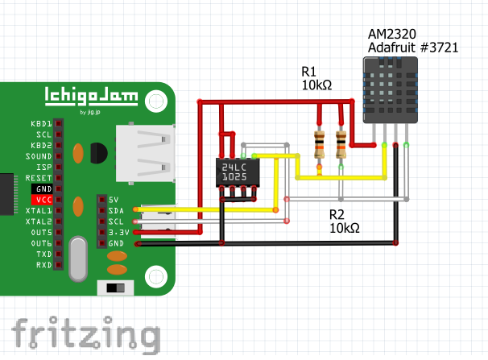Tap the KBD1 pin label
39,123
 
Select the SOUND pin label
38,155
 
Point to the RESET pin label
39,177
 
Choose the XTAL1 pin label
39,209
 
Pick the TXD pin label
43,254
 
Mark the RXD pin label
43,264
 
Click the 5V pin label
113,199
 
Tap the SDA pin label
116,210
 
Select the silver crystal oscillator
77,258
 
